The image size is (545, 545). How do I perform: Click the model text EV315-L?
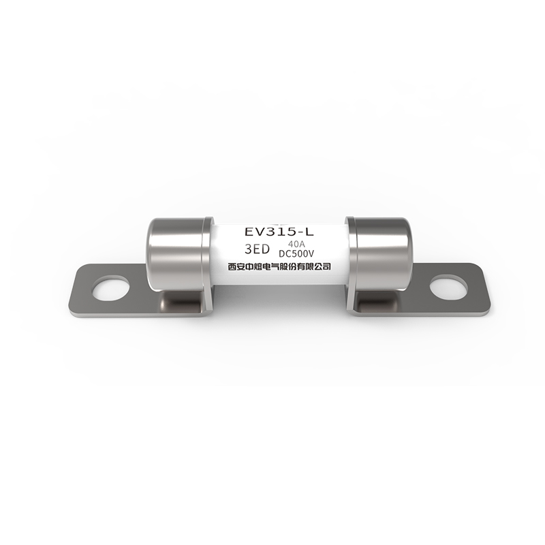[279, 232]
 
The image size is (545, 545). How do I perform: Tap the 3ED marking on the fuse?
[258, 249]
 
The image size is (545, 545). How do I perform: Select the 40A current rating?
[296, 244]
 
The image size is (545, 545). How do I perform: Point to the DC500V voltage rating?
[296, 253]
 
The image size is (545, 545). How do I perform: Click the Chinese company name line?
[279, 266]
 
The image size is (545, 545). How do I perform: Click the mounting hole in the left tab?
[110, 288]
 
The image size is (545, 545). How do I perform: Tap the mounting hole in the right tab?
[448, 287]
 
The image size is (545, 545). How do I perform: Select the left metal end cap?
[178, 253]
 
